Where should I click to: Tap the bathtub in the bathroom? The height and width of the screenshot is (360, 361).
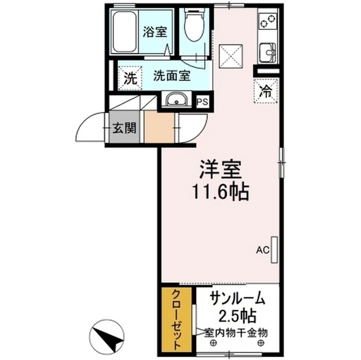[125, 33]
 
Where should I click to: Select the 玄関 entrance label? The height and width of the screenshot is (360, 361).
[122, 127]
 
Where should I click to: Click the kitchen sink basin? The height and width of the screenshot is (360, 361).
[265, 54]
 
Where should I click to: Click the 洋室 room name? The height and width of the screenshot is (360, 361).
[218, 170]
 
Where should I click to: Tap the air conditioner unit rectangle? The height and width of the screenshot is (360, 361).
[275, 248]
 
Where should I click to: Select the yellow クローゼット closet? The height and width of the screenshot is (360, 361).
[176, 319]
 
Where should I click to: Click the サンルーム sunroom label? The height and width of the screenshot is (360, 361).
[236, 297]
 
